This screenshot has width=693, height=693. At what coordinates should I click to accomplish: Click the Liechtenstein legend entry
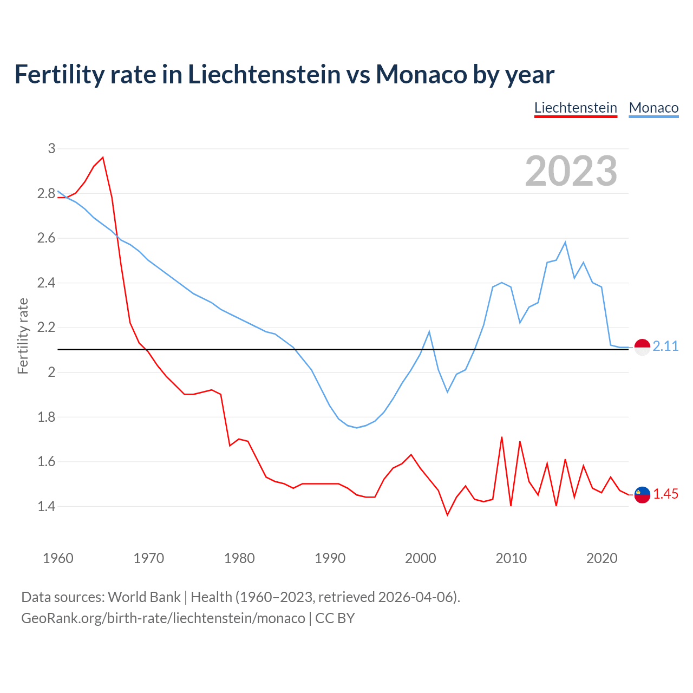click(x=576, y=108)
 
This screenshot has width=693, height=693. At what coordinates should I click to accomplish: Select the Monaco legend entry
click(x=653, y=108)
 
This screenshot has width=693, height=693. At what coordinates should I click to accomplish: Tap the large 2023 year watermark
click(x=571, y=171)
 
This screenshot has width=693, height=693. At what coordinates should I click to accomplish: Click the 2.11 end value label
click(x=665, y=346)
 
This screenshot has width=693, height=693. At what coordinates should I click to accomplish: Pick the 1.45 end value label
click(x=665, y=494)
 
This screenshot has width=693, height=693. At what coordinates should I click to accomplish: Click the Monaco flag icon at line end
click(x=642, y=347)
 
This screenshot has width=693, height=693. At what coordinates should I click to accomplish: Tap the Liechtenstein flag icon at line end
click(x=642, y=494)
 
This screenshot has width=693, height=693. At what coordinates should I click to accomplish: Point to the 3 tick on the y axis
click(x=51, y=148)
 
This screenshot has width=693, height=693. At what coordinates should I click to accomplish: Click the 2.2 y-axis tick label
click(x=47, y=328)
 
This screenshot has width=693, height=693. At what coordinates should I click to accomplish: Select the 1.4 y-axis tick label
click(x=47, y=507)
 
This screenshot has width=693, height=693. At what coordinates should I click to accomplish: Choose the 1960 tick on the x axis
click(x=58, y=558)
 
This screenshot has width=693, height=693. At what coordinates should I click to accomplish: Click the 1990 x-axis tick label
click(x=330, y=558)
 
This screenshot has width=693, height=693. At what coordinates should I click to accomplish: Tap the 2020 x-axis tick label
click(x=602, y=558)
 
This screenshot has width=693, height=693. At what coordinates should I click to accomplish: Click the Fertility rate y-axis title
click(x=23, y=336)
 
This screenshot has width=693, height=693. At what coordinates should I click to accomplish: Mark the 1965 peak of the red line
click(x=103, y=158)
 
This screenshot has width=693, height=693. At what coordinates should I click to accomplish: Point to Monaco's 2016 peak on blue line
click(x=565, y=243)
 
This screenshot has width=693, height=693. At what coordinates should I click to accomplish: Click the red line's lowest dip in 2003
click(x=447, y=514)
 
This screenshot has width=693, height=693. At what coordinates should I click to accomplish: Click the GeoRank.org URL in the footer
click(x=163, y=618)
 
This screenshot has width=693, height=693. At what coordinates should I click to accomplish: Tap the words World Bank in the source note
click(x=144, y=597)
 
